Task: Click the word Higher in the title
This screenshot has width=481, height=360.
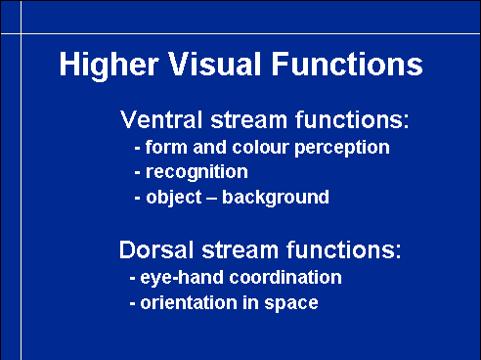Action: point(109,66)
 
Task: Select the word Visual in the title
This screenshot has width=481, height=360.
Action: point(215,64)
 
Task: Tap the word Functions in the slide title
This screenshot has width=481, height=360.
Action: point(347,64)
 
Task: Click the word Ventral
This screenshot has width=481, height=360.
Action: point(161,119)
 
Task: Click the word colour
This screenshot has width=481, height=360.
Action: point(260,147)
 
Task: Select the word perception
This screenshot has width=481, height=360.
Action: point(342,149)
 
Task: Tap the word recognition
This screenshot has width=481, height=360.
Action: point(197,173)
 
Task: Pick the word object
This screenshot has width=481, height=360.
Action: point(174,199)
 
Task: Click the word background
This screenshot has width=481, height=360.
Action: point(276,199)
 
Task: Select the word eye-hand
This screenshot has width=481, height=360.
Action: point(182,279)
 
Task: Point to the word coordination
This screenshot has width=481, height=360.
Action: point(285,277)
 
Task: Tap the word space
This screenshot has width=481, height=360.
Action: point(291,304)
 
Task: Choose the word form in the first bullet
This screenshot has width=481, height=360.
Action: point(166,147)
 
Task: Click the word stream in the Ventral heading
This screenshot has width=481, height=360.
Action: point(248,119)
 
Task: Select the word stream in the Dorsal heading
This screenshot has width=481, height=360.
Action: point(240,250)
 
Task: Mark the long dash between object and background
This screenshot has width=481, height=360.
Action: point(212,198)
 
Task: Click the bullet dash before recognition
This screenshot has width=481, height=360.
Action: point(138,172)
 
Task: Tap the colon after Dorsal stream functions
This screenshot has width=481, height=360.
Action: point(398,252)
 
